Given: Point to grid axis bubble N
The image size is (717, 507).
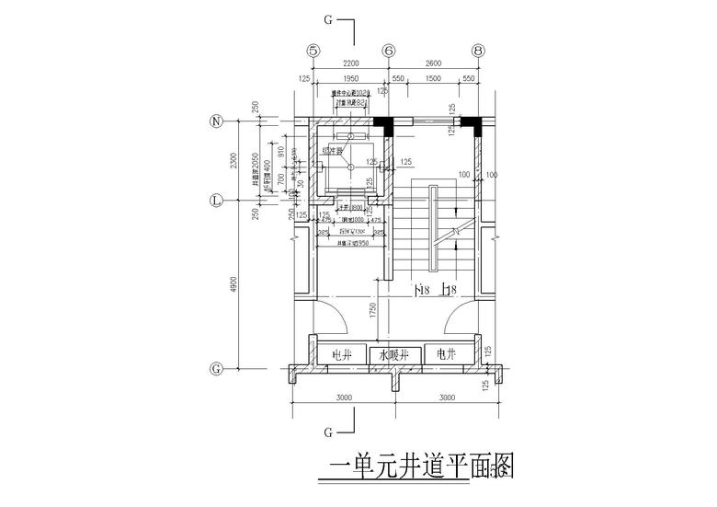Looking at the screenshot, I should point(218,121).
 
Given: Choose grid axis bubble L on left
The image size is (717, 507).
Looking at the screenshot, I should point(218,199).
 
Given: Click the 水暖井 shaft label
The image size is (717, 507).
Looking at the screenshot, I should point(394,353).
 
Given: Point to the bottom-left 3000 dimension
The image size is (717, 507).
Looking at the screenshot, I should point(344,398).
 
